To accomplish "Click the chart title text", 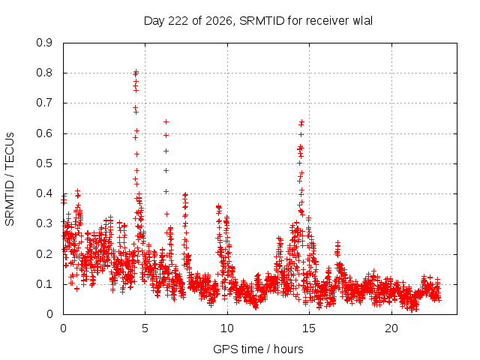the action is coord(258,21).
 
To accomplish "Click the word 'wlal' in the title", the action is coord(363,21).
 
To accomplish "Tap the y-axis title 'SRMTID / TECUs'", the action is coord(10,179).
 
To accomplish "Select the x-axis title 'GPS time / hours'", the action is coord(258,349).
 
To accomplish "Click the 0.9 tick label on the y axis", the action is coord(44,43).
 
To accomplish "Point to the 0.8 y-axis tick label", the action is coord(44,73).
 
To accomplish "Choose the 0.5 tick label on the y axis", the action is coord(44,163).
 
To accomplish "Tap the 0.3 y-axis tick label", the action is coord(44,223).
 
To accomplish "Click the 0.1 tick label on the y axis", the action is coord(44,284).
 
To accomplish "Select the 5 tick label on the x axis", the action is coord(145,328).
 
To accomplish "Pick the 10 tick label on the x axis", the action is coord(227,328).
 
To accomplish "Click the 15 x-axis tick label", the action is coord(309,328).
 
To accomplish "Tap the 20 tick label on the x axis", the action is coord(391,328).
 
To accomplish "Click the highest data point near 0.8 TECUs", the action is coord(136,72).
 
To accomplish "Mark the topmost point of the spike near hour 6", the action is coord(166,121).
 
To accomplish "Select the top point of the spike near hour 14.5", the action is coord(301,122).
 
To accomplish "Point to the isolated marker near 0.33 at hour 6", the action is coord(166,214).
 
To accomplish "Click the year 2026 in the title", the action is coord(218,21).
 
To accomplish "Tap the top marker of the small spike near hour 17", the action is coord(337,243).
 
